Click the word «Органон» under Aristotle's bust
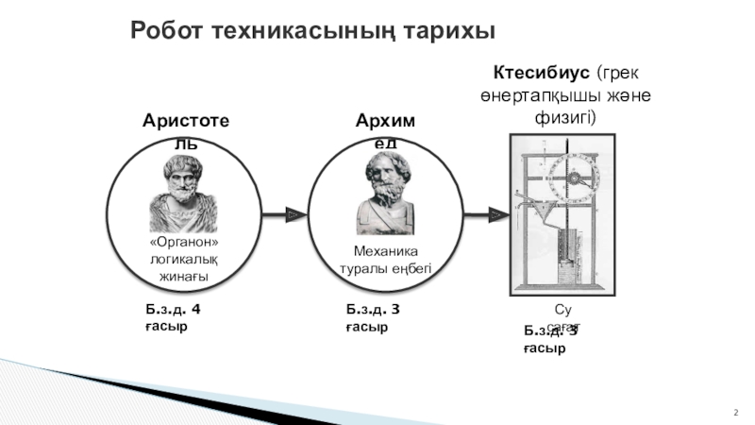[x=184, y=244]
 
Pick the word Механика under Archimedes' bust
[x=384, y=251]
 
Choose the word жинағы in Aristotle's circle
[x=184, y=278]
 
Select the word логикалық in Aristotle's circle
[x=184, y=261]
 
